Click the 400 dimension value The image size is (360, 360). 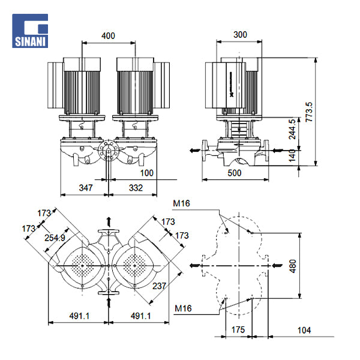[108, 36]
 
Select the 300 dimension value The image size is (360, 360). [240, 35]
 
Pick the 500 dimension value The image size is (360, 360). [235, 173]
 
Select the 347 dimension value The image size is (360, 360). [86, 189]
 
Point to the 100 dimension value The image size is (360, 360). [147, 173]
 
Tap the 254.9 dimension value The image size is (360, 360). [55, 238]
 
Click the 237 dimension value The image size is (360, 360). [158, 286]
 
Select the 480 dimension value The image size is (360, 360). [292, 265]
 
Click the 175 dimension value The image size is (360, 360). [238, 329]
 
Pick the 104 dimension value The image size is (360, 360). [305, 329]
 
